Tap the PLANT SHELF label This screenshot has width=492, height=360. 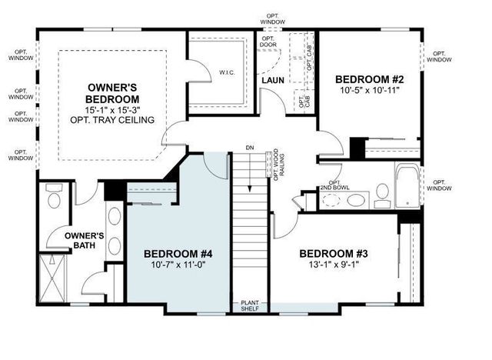pos(250,305)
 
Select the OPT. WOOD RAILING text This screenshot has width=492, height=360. pos(278,163)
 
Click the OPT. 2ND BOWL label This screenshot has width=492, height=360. pos(331,185)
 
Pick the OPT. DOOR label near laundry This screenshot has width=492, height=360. pos(268,42)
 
